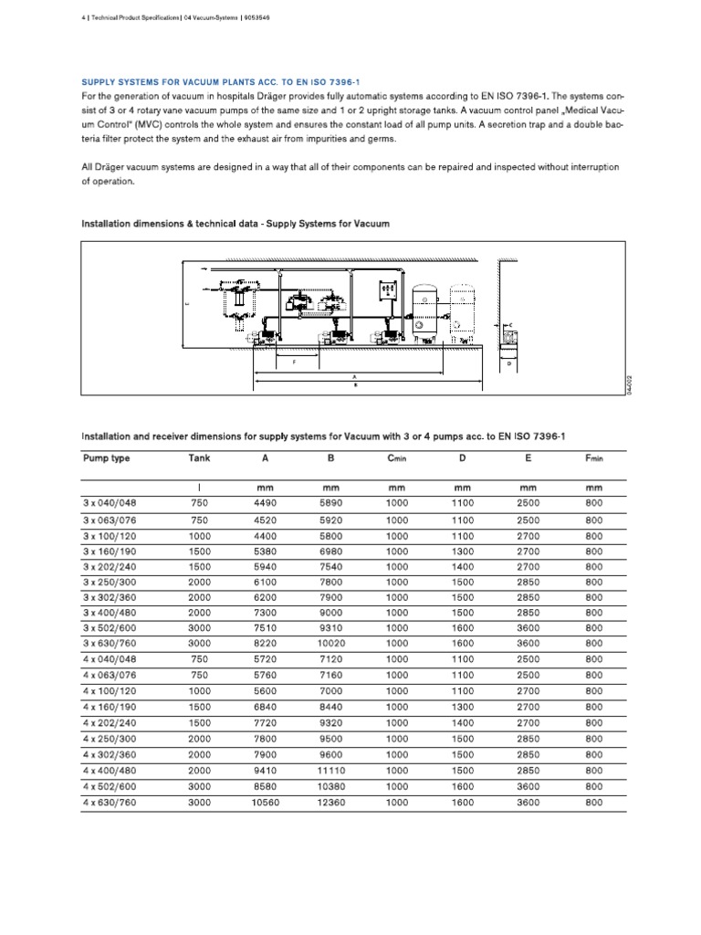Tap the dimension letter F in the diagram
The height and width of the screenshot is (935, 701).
coord(294,363)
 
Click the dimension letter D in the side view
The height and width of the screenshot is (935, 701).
coord(508,362)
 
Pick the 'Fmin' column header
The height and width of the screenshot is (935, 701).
coord(594,458)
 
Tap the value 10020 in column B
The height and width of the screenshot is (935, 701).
coord(330,644)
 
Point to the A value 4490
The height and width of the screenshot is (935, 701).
coord(265,503)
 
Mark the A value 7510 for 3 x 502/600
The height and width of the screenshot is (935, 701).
coord(265,628)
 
